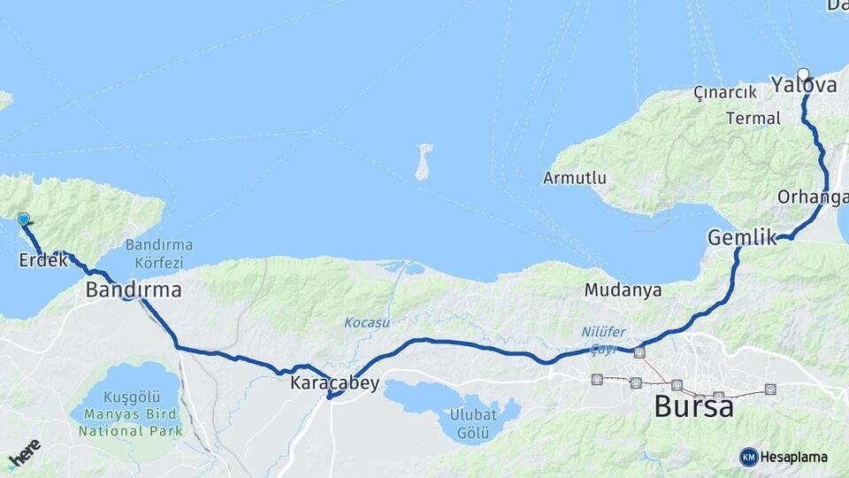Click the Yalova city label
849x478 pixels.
[804, 86]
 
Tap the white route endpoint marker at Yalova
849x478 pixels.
[803, 74]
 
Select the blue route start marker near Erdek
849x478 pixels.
[23, 219]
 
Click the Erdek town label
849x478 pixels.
[43, 261]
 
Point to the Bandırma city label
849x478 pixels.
[134, 289]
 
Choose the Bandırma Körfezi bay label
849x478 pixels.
[159, 253]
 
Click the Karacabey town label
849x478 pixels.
[334, 383]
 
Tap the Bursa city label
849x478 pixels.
[694, 407]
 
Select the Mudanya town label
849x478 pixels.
[623, 290]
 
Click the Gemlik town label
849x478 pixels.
[741, 237]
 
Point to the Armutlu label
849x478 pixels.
[575, 178]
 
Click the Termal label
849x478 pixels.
[753, 119]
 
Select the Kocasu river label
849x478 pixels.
[367, 322]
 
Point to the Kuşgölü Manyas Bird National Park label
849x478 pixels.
[130, 414]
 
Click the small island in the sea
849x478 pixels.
[424, 161]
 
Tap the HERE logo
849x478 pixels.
[24, 452]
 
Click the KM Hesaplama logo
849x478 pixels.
[784, 457]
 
